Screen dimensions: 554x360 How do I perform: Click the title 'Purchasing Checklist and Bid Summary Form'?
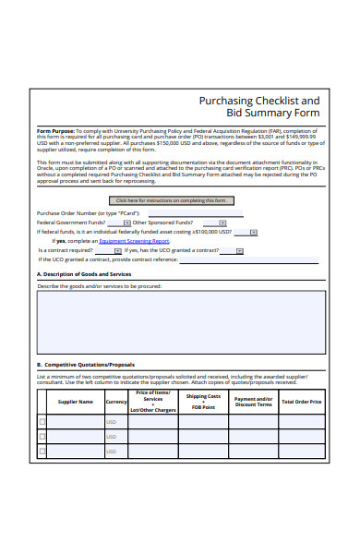259,107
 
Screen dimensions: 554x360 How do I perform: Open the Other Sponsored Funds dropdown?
222,223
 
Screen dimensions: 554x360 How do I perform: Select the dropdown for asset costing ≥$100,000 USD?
271,232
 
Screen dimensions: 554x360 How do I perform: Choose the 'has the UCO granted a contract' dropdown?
240,250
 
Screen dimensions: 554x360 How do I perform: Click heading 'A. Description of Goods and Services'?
84,274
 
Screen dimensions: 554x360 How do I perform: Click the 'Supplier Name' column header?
76,402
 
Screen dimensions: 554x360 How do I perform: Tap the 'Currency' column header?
116,402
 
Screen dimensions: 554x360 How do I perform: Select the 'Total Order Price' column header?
302,402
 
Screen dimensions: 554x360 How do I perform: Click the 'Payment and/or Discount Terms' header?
253,402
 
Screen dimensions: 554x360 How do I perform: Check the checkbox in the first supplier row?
42,421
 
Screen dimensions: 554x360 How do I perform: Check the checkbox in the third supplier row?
42,452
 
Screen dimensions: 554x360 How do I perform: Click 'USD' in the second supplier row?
112,437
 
